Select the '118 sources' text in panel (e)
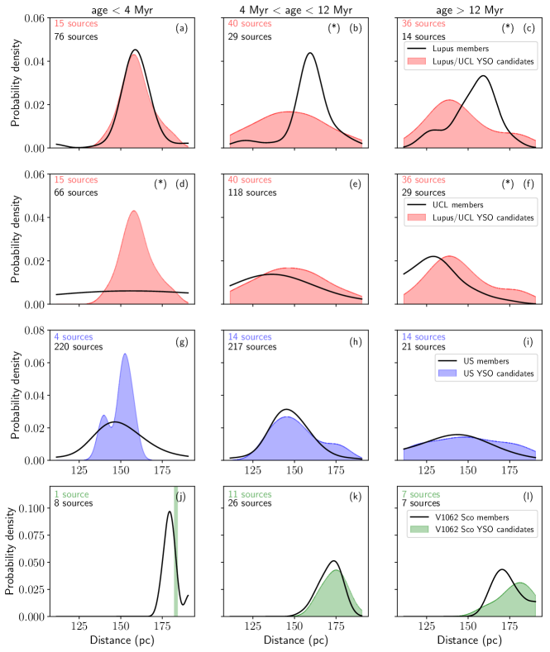click(252, 192)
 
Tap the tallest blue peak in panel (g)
click(125, 355)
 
